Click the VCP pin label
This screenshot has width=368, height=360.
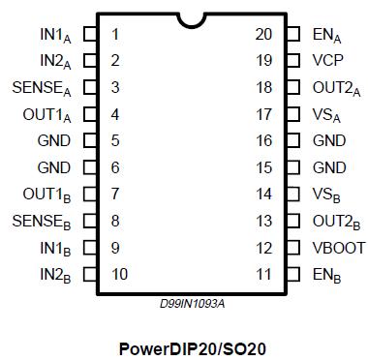click(327, 59)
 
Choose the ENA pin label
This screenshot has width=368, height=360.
click(325, 35)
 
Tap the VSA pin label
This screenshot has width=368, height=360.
click(326, 114)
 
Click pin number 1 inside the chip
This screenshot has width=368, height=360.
click(115, 35)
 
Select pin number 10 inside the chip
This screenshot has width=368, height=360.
click(119, 274)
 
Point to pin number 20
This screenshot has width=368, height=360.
click(263, 35)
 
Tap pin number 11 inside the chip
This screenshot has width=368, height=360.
click(263, 274)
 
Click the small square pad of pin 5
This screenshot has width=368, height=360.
click(90, 141)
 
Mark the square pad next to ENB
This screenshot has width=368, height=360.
click(291, 274)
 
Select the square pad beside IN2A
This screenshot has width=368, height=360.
click(90, 61)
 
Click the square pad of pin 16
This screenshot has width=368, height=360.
click(291, 141)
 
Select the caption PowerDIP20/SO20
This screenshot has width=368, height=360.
click(192, 345)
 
